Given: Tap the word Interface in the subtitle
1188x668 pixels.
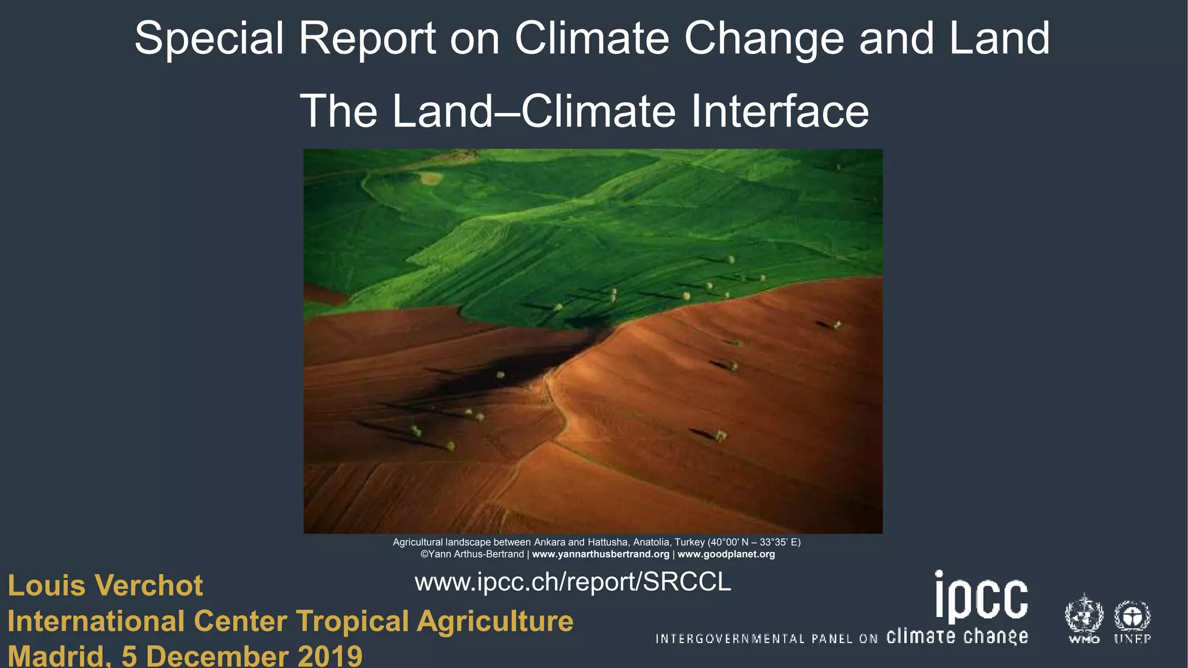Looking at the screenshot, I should coord(780,111).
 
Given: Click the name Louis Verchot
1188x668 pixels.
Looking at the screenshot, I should coord(105,586).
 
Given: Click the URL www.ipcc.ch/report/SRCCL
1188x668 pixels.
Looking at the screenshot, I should coord(573,582).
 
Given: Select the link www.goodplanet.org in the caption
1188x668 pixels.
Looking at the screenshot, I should coord(726,554).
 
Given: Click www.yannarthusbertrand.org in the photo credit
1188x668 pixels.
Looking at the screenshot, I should coord(600,554).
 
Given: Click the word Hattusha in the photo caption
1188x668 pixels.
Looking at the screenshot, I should coord(607,542).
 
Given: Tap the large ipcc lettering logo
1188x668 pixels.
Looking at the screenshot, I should coord(981,597).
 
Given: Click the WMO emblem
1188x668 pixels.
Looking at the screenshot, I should coord(1084,618).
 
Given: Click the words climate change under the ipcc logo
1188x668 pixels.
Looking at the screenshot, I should coord(957,637).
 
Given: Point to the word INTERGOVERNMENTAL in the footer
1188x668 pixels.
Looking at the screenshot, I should coord(730,639).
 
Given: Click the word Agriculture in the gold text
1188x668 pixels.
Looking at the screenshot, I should coord(495,621).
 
